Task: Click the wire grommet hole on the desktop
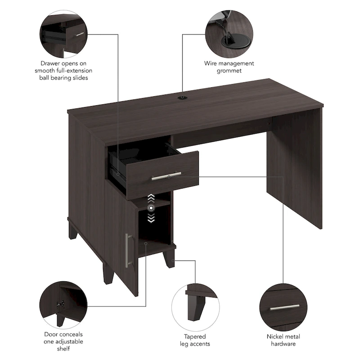coord(183,97)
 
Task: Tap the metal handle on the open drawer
coord(166,176)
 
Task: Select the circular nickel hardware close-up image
coord(284,304)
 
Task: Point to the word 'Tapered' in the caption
coord(195,337)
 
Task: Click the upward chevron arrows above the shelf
coord(151,198)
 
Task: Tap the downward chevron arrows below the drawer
coord(151,218)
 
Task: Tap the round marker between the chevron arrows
coord(151,208)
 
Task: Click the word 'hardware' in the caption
coord(284,344)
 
